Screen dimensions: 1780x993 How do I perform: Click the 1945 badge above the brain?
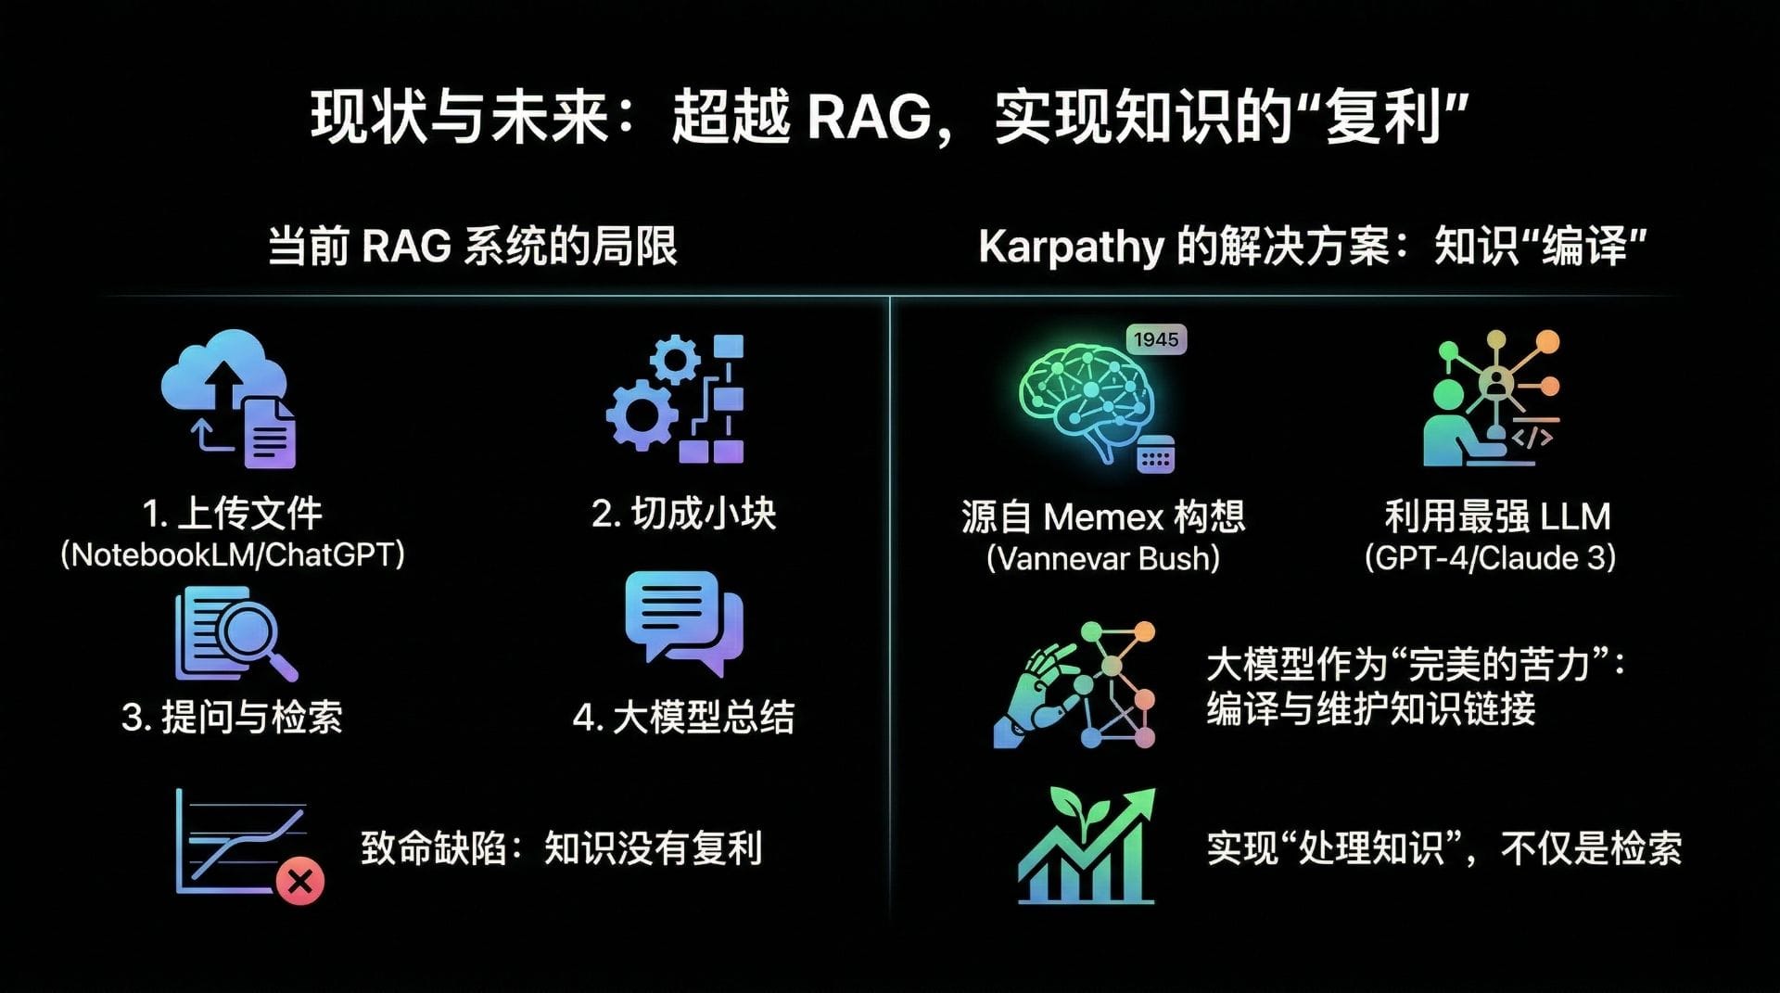(x=1156, y=339)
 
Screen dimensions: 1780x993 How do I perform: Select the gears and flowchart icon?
(x=676, y=399)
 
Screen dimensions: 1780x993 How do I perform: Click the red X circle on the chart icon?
(x=299, y=881)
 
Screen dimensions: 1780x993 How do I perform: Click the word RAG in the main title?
(x=870, y=118)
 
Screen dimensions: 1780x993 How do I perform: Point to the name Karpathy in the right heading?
(x=1071, y=248)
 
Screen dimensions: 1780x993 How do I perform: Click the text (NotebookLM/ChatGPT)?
(x=233, y=554)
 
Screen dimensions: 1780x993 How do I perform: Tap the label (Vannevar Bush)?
(x=1103, y=558)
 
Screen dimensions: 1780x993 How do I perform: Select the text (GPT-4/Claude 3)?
(x=1491, y=557)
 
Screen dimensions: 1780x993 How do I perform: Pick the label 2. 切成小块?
(x=684, y=513)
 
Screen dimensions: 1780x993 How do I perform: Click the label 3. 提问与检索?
(x=233, y=717)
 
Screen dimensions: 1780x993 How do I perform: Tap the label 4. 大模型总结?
(x=684, y=717)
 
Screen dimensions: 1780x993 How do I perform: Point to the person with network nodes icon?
(x=1492, y=399)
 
